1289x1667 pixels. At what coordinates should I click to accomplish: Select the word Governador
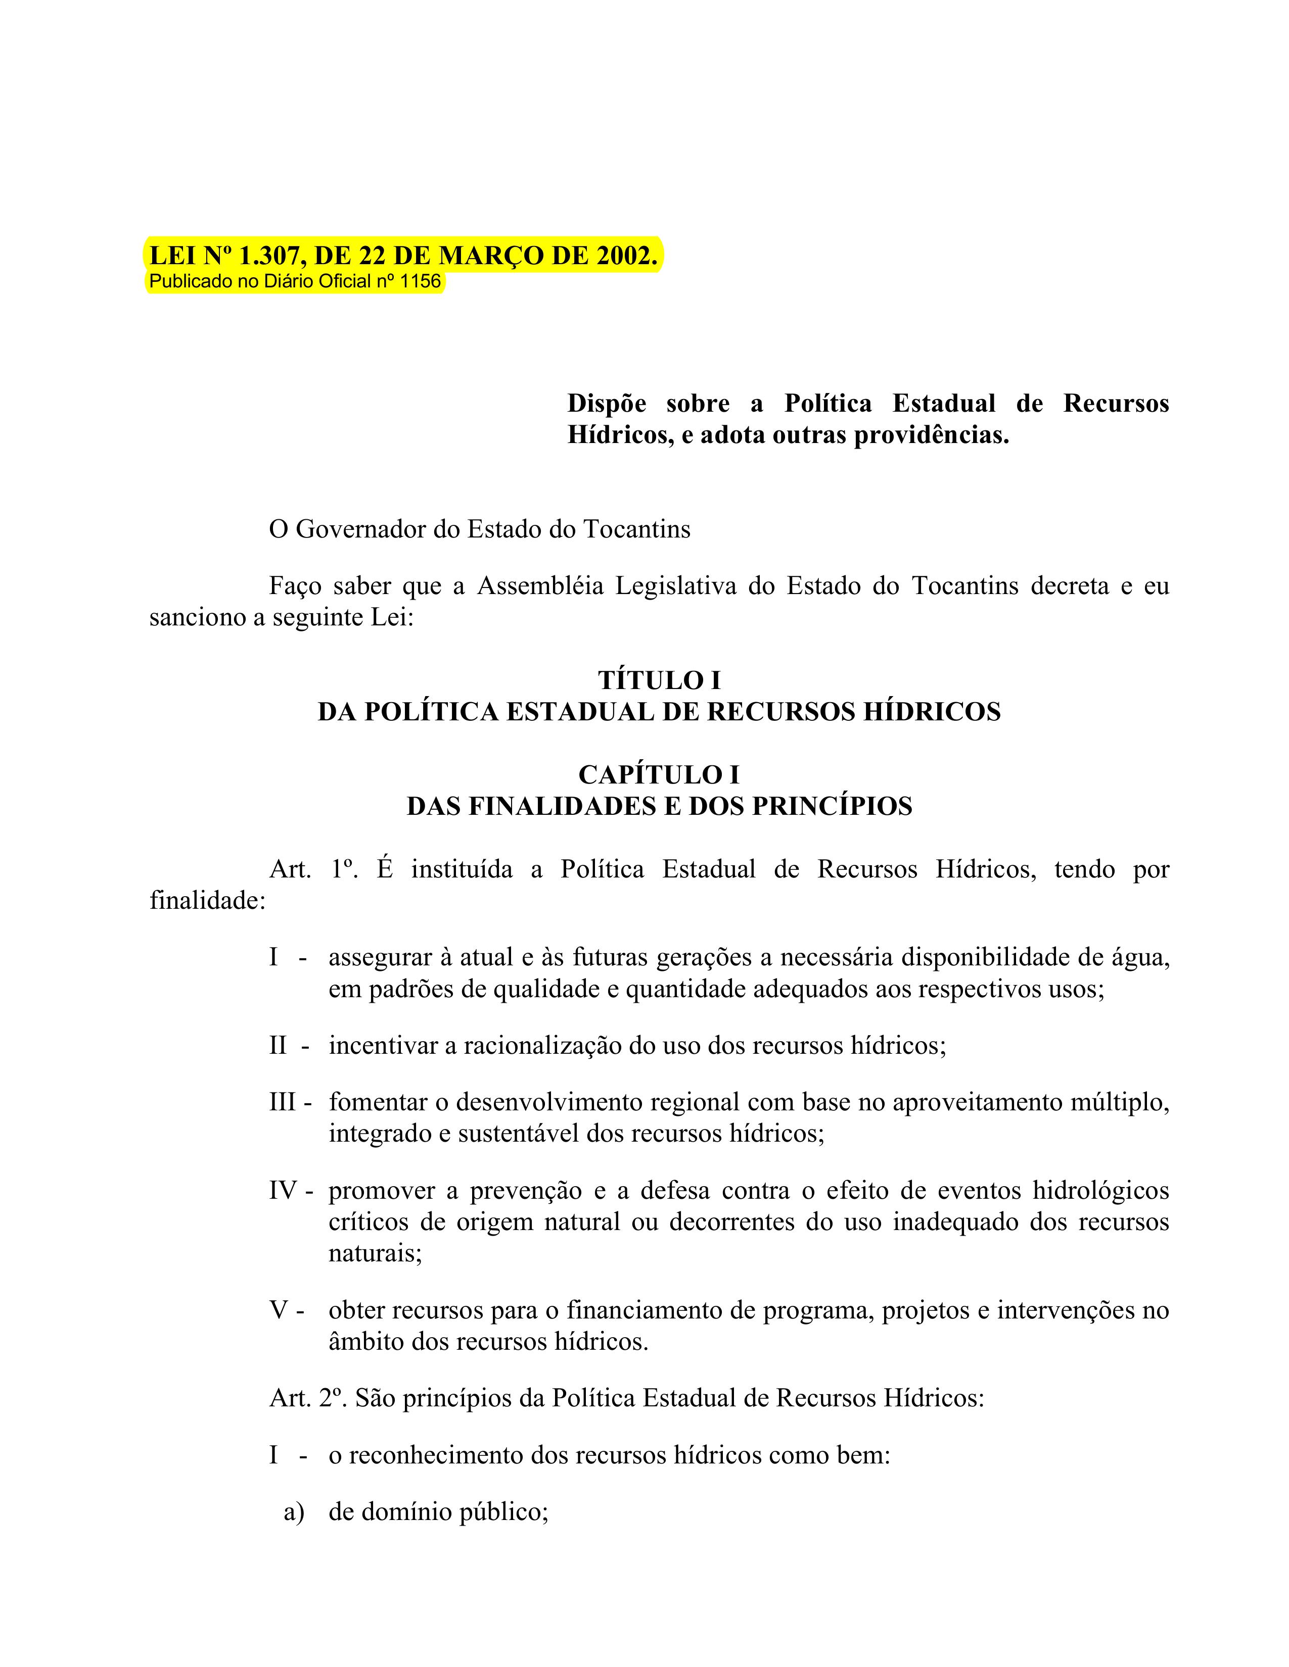361,529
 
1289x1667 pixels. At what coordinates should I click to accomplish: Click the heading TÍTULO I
659,680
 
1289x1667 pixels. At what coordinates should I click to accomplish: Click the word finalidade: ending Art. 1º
207,901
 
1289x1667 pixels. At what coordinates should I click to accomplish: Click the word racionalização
543,1045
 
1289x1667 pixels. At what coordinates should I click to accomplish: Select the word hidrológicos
1100,1190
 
